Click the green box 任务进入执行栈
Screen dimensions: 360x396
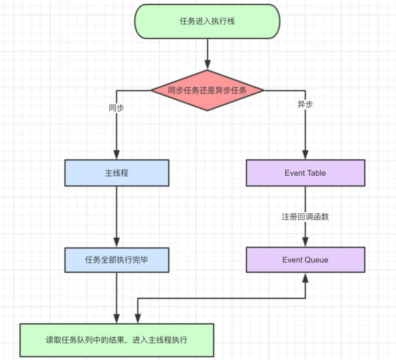point(207,21)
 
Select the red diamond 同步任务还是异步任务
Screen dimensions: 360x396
point(207,90)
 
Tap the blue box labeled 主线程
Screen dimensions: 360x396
point(117,173)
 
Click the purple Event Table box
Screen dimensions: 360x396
point(305,173)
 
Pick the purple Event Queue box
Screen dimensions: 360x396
point(305,260)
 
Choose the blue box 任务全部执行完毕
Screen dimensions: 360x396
point(117,260)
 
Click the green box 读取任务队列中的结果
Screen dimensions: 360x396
point(117,340)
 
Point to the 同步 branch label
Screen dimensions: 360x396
point(117,108)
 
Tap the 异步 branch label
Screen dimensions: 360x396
point(305,104)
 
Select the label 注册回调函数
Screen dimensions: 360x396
point(305,217)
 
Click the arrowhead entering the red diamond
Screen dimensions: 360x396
point(207,65)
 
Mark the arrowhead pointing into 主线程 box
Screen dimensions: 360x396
point(117,155)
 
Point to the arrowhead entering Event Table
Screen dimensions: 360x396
point(305,155)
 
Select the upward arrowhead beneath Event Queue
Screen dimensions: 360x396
point(305,277)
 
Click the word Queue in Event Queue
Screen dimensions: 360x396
point(317,260)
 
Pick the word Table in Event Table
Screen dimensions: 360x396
point(316,173)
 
